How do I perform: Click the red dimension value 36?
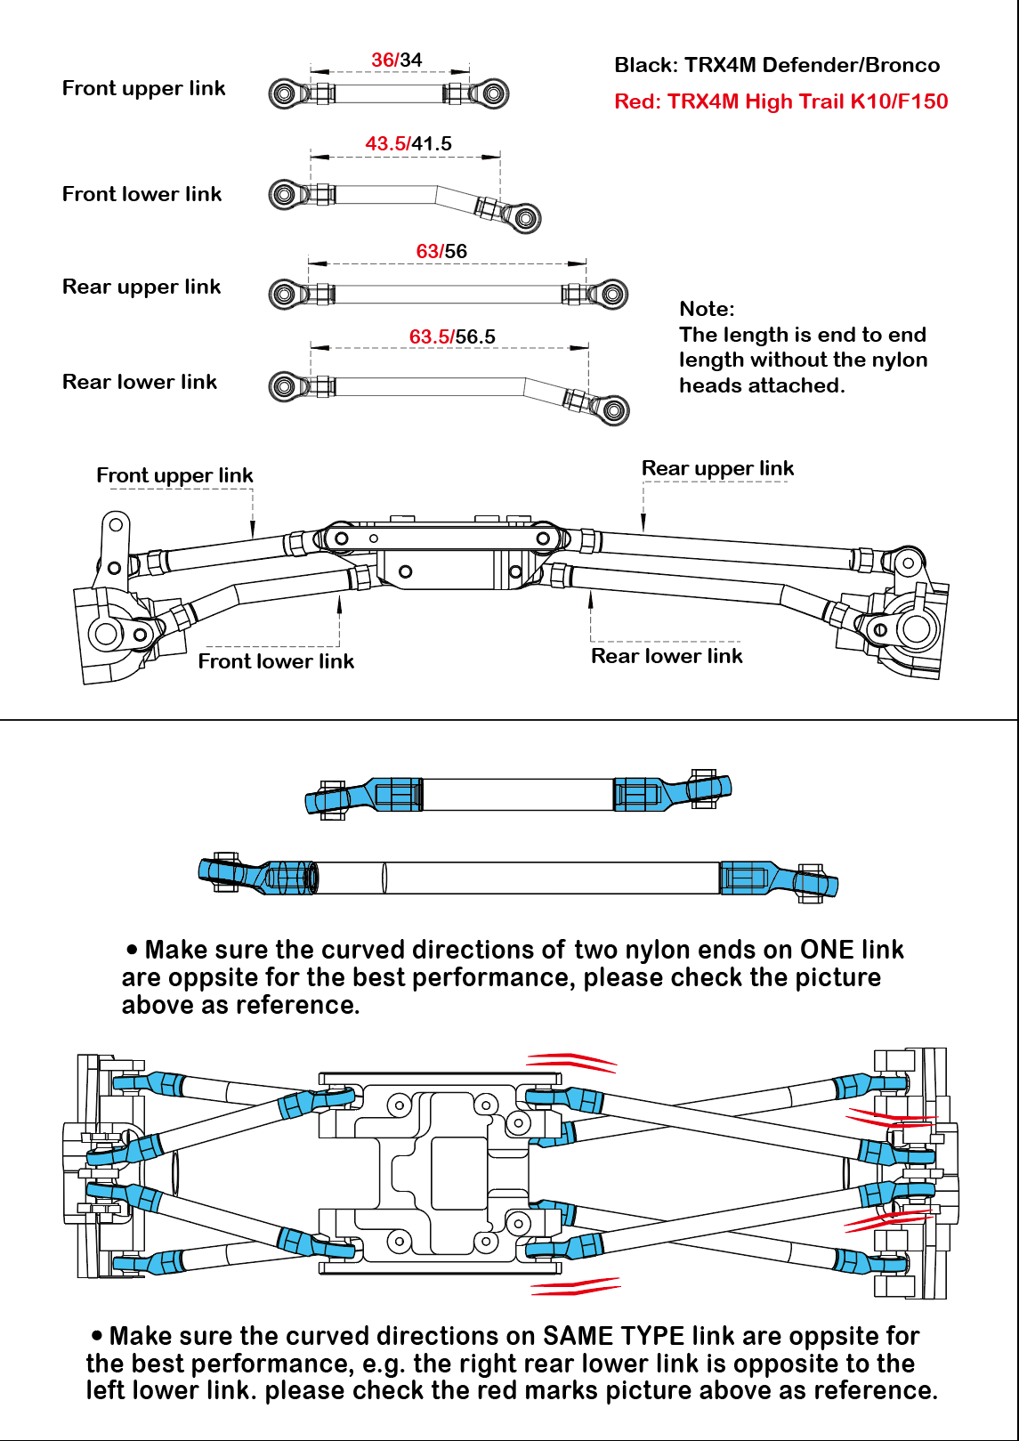383,60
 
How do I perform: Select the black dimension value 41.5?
433,143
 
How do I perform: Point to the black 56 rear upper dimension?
457,251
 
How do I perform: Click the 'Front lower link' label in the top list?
142,194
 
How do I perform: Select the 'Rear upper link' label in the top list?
142,287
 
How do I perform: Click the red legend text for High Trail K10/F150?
780,101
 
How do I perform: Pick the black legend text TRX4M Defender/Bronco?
776,65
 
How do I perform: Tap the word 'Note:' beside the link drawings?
707,309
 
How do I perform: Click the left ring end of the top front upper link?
284,93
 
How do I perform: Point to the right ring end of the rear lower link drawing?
613,409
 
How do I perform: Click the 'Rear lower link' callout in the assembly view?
667,656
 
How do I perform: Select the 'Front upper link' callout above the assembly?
174,475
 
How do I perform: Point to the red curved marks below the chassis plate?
574,1285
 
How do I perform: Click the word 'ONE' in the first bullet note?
828,950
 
